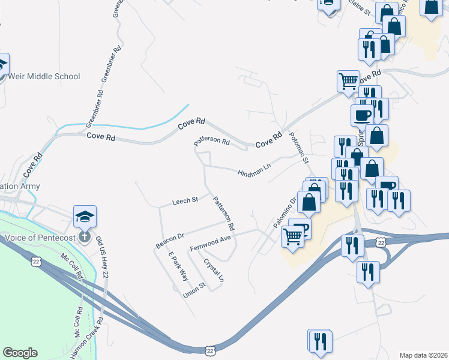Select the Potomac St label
[x=298, y=149]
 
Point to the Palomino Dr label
[x=285, y=212]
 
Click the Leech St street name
[x=185, y=200]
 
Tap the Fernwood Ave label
[x=210, y=243]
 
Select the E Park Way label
[x=178, y=265]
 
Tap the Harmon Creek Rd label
[x=86, y=339]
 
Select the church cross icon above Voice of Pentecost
[x=85, y=236]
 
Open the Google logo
[x=20, y=353]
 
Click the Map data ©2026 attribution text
[x=424, y=355]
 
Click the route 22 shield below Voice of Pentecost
[x=36, y=262]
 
